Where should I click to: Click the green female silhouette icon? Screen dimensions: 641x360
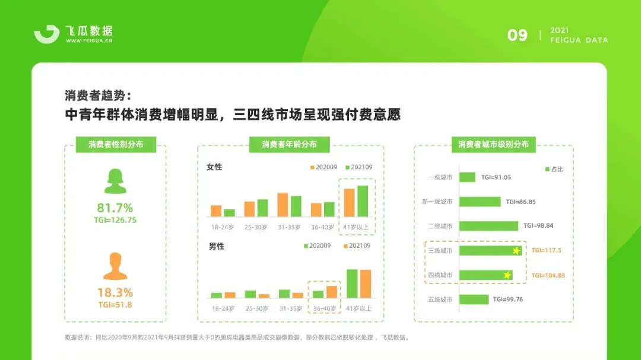[x=115, y=181]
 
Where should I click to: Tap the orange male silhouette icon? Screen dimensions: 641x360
[x=115, y=266]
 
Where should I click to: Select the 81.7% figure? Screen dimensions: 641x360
[x=115, y=208]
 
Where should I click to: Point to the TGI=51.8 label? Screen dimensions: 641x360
[x=115, y=305]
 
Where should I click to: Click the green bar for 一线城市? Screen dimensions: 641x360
[x=467, y=177]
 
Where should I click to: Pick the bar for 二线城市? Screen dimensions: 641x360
[x=488, y=226]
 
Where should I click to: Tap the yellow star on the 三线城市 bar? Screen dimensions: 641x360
[x=516, y=250]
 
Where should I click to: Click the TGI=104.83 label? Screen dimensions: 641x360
[x=548, y=275]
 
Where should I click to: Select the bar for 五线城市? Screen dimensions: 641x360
[x=474, y=300]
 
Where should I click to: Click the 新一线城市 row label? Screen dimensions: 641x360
[x=437, y=202]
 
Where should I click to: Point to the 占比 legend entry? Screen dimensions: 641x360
[x=554, y=169]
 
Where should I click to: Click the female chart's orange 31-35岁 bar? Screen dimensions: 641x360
[x=283, y=205]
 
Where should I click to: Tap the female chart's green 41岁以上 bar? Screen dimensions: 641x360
[x=363, y=201]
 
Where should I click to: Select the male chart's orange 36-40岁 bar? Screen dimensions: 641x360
[x=332, y=292]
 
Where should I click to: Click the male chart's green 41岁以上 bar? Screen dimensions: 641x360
[x=352, y=283]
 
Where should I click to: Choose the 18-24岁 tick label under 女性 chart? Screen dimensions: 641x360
[x=223, y=227]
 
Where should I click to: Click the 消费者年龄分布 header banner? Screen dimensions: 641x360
[x=290, y=144]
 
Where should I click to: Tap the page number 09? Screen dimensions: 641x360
[x=518, y=36]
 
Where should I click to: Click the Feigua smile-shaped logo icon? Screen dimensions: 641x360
[x=47, y=34]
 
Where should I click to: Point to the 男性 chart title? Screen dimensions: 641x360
[x=217, y=246]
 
